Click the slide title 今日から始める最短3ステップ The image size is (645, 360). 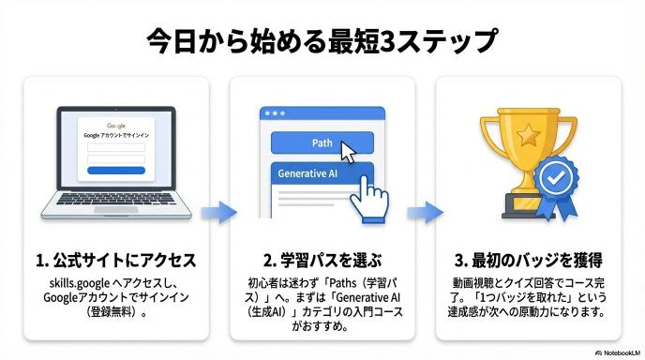(x=322, y=40)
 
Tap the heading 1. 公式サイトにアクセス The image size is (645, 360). (x=116, y=261)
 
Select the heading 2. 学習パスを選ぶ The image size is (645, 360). (x=322, y=261)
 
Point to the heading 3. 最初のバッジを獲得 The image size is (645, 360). (x=529, y=261)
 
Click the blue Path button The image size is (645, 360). (x=322, y=142)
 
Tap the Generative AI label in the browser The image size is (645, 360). (x=307, y=173)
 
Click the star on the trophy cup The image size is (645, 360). (x=528, y=135)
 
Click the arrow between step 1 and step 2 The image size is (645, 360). (x=218, y=212)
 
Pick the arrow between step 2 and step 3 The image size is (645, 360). (x=425, y=212)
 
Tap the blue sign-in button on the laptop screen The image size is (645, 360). (x=116, y=171)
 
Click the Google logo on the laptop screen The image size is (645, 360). (x=116, y=126)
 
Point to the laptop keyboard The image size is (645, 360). (x=116, y=199)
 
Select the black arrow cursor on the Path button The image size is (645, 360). (x=349, y=152)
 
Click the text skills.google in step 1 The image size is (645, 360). (x=80, y=283)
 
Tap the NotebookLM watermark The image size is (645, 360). (x=618, y=353)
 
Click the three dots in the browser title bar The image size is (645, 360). (x=275, y=113)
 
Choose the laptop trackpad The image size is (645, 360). (x=116, y=210)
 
